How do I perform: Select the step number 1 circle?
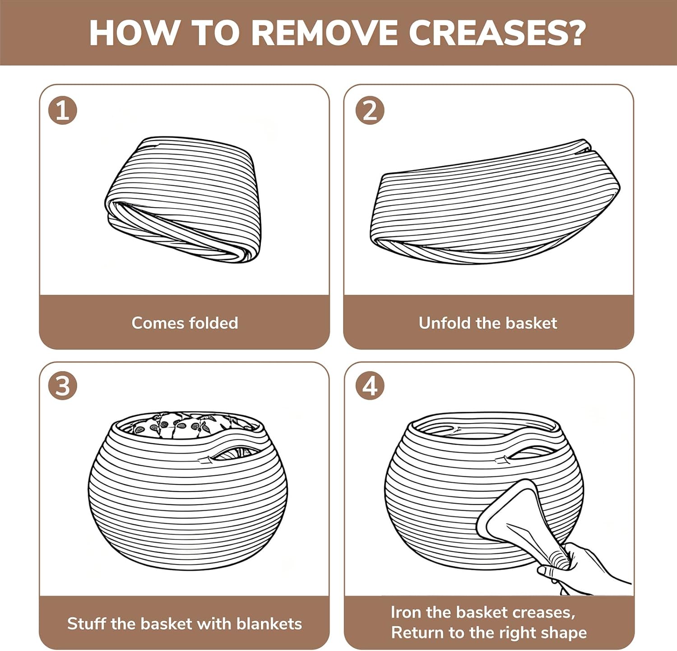point(63,111)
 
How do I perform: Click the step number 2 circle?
point(370,111)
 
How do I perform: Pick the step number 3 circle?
point(63,386)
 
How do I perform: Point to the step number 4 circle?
point(370,386)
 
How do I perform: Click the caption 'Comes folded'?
point(185,323)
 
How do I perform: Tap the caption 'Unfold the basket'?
point(488,323)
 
